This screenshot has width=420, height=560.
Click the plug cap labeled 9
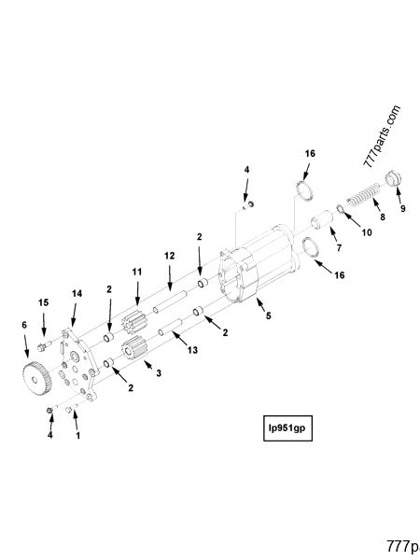(393, 175)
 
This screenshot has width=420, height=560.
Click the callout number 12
(170, 255)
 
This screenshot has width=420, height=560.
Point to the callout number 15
(42, 302)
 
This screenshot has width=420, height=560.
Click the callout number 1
(77, 435)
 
